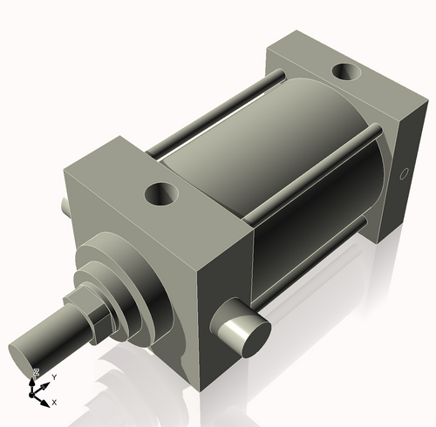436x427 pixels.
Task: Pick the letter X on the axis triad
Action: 54,403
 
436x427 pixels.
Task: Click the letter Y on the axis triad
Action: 54,376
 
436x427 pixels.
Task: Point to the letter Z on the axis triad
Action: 36,373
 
